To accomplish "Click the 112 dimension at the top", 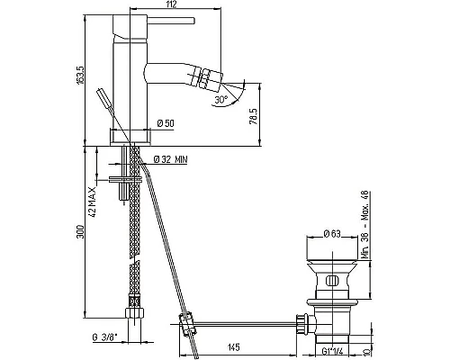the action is click(172, 4).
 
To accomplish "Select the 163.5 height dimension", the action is click(81, 75).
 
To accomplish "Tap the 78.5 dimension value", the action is click(254, 116).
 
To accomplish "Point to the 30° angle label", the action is click(221, 99).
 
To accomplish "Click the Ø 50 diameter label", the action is click(166, 123).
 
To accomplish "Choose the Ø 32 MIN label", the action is click(170, 159).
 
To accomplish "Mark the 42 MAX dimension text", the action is click(93, 202).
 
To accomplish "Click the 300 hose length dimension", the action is click(81, 231).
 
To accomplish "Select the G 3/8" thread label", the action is click(104, 338).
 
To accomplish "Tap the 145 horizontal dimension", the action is click(234, 347).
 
